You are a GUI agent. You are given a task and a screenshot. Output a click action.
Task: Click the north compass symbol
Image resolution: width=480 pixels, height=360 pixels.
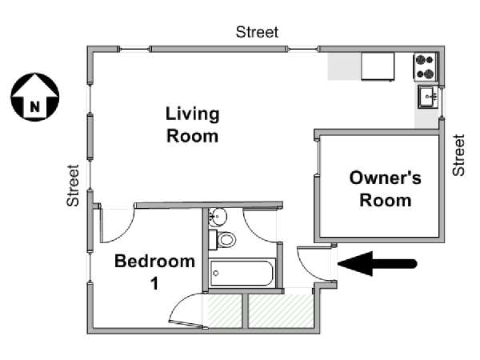click(x=35, y=97)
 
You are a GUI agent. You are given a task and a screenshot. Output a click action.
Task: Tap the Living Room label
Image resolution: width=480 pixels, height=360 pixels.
click(x=193, y=125)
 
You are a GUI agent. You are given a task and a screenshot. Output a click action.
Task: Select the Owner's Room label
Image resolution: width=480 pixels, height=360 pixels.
click(x=385, y=189)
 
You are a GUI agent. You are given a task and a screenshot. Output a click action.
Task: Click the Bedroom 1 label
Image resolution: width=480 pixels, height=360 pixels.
click(x=155, y=271)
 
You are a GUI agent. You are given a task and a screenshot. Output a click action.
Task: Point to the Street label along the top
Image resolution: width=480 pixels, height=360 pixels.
click(x=257, y=32)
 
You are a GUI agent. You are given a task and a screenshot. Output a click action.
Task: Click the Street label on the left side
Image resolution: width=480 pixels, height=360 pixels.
click(x=73, y=186)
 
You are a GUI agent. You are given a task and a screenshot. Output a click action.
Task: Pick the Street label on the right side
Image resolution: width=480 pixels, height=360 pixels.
click(x=458, y=155)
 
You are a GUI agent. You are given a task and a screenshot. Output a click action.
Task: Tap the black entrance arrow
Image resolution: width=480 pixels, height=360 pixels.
click(x=377, y=263)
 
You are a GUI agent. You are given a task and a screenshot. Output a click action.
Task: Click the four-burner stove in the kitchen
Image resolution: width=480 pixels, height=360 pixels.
click(x=426, y=66)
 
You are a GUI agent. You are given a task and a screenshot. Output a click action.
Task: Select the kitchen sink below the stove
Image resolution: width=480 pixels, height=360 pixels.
click(x=429, y=97)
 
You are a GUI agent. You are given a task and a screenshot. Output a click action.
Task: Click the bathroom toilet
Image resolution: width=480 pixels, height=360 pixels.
click(x=222, y=240)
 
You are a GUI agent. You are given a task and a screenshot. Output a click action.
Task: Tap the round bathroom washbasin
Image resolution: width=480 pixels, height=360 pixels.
click(x=218, y=217)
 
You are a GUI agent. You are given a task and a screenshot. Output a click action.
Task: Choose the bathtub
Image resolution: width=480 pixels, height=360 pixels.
click(x=242, y=273)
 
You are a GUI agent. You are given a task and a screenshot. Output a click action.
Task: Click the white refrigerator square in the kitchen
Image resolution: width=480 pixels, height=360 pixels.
click(x=378, y=66)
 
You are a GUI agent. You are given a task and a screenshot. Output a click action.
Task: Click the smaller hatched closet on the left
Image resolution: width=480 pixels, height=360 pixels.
click(x=225, y=311)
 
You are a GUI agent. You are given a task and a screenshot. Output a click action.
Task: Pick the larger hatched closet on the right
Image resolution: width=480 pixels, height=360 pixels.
click(x=281, y=311)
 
